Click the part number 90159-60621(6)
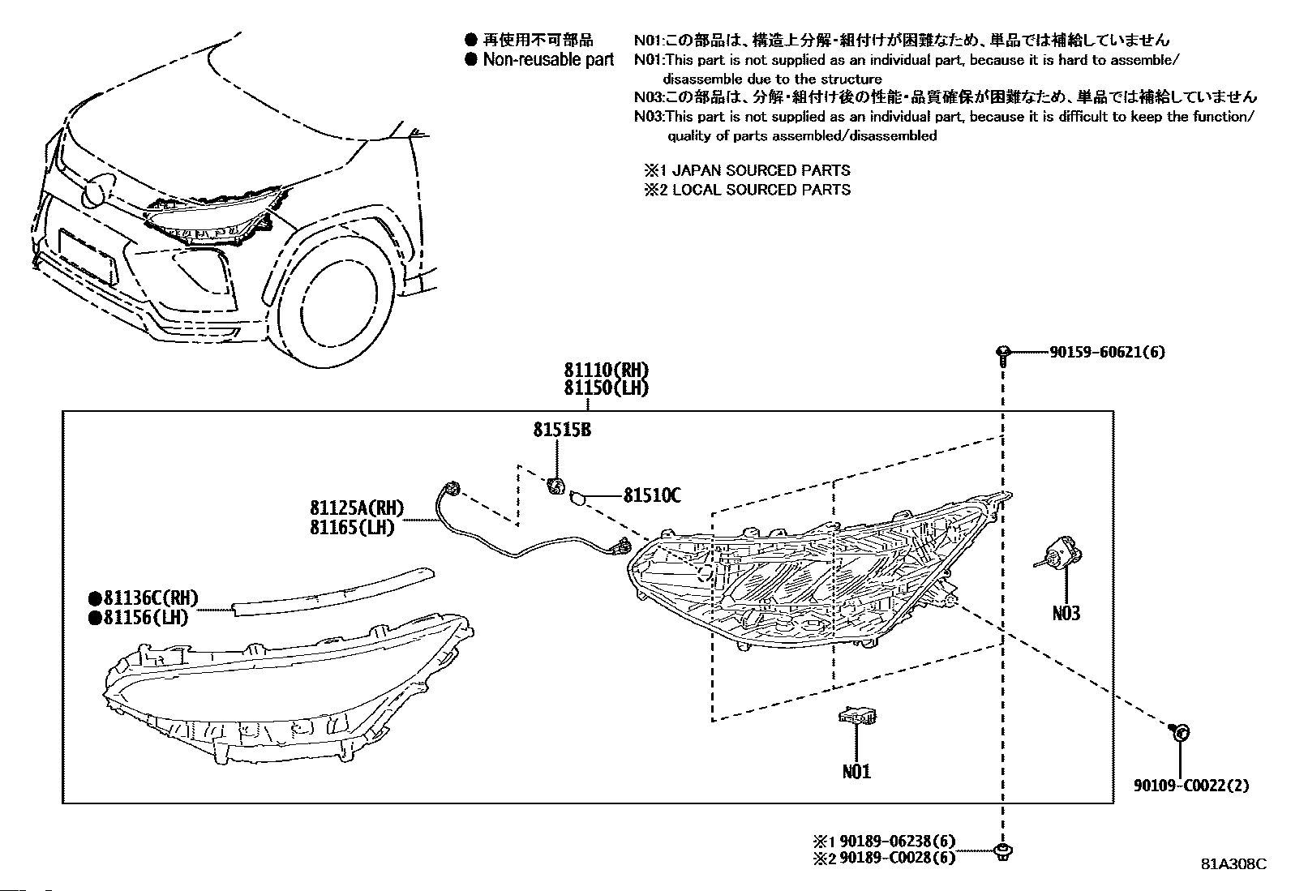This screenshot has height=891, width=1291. point(1107,352)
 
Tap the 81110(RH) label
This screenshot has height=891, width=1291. point(607,370)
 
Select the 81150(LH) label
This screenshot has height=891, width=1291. point(607,388)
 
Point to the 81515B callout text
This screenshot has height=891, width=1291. point(562,430)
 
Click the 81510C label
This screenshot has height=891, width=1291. point(652,495)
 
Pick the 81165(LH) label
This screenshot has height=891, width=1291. point(352,527)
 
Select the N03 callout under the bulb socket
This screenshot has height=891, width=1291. point(1066,613)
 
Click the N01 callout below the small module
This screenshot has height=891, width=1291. point(856,772)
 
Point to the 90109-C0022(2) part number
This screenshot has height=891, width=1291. point(1191,786)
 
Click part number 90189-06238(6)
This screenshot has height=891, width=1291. point(898,841)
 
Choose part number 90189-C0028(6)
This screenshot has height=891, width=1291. point(898,858)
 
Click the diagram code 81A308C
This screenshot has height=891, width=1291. point(1234,864)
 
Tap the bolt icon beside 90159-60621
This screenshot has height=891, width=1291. point(1003,356)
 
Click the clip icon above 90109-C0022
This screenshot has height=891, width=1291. point(1179,733)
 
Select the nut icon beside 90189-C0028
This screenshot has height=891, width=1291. point(1003,852)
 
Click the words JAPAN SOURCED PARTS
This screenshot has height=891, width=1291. point(761,170)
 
